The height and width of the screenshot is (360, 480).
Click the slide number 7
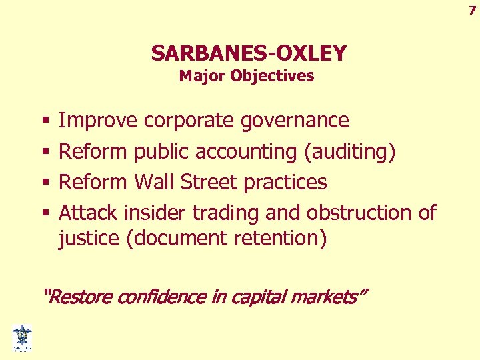click(x=472, y=10)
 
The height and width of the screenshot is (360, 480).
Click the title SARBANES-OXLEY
click(x=249, y=53)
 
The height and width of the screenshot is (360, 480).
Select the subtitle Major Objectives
click(x=246, y=76)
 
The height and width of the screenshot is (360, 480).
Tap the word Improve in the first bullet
click(x=99, y=121)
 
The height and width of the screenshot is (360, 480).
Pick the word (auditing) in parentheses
click(x=350, y=151)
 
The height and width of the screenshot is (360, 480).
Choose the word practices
click(x=286, y=182)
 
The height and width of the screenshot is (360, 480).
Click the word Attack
click(x=88, y=213)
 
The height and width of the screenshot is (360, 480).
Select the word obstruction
click(x=361, y=213)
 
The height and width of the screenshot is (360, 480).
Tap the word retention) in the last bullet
click(x=284, y=238)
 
